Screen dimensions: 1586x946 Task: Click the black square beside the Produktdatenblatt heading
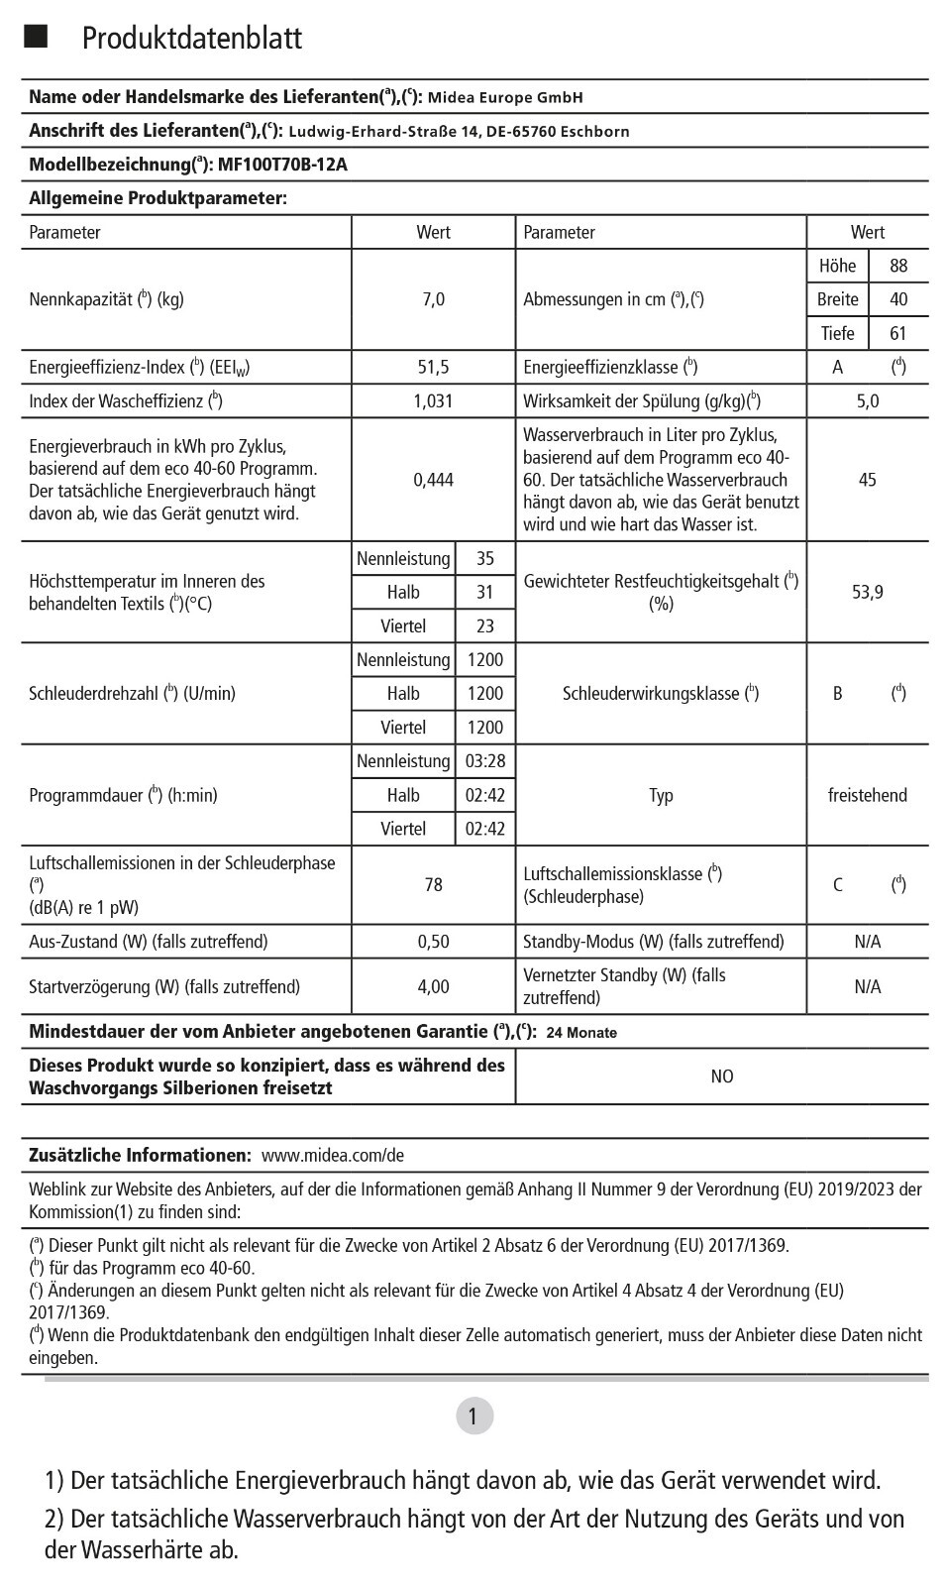click(x=36, y=38)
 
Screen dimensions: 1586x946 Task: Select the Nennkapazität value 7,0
click(x=433, y=299)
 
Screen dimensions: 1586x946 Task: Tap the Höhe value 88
click(x=898, y=266)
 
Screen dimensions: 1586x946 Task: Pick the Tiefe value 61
click(x=898, y=333)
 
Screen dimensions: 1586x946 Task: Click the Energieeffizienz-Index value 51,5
click(x=433, y=367)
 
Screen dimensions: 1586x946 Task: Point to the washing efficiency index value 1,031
click(x=433, y=400)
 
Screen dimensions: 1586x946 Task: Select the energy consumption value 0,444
click(x=433, y=480)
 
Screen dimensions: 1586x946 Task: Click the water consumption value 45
click(x=867, y=480)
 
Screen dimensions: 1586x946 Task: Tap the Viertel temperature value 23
click(x=484, y=626)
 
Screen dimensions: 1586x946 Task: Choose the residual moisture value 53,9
click(x=867, y=592)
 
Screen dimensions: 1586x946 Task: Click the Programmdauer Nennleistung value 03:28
click(x=484, y=761)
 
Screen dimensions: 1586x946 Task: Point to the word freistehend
click(x=867, y=795)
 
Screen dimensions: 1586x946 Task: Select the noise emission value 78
click(x=433, y=884)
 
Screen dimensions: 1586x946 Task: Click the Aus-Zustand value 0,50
click(x=433, y=942)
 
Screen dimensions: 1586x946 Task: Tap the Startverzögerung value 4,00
click(x=433, y=986)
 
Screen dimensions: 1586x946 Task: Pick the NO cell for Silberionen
click(x=721, y=1076)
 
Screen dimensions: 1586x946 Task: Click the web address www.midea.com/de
click(x=333, y=1156)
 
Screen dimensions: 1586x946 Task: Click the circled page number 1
click(x=473, y=1416)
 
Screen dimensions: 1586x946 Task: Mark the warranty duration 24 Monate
click(x=580, y=1033)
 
